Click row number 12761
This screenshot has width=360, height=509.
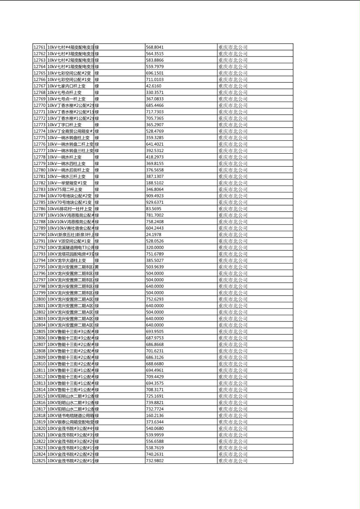click(x=39, y=47)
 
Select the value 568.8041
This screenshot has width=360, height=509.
click(x=155, y=47)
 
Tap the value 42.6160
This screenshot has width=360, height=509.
click(x=153, y=86)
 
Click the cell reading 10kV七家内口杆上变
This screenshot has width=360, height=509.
click(x=67, y=86)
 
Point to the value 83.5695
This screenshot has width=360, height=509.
click(x=153, y=209)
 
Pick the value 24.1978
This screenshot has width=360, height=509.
click(x=153, y=235)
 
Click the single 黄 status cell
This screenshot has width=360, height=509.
click(x=97, y=267)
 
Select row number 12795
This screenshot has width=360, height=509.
click(x=39, y=267)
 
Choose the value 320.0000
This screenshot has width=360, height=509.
click(x=155, y=248)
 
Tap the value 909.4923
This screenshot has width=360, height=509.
click(x=155, y=196)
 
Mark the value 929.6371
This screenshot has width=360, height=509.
click(x=155, y=202)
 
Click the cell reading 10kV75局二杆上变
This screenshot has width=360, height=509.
click(x=65, y=190)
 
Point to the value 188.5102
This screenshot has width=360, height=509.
click(x=155, y=183)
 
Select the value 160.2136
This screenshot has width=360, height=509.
click(x=155, y=415)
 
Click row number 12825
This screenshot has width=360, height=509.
click(x=39, y=461)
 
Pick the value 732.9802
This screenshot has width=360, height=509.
click(x=155, y=461)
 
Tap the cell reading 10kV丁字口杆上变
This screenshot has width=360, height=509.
click(x=65, y=125)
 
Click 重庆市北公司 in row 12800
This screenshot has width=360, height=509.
click(x=233, y=299)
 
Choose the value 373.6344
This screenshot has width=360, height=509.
click(x=155, y=422)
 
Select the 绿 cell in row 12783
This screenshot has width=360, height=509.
click(x=97, y=190)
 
